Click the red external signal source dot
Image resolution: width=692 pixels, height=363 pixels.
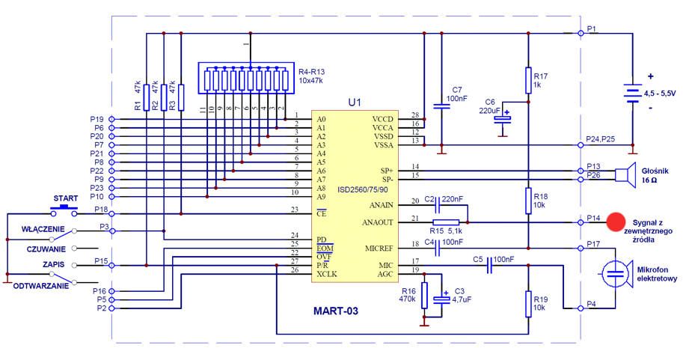click(616, 222)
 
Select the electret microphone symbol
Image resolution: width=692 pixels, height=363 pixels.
click(616, 274)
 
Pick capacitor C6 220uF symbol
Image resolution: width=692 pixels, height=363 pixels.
click(506, 116)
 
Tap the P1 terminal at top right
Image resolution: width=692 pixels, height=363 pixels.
click(580, 32)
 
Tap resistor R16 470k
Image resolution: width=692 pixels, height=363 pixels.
click(424, 295)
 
